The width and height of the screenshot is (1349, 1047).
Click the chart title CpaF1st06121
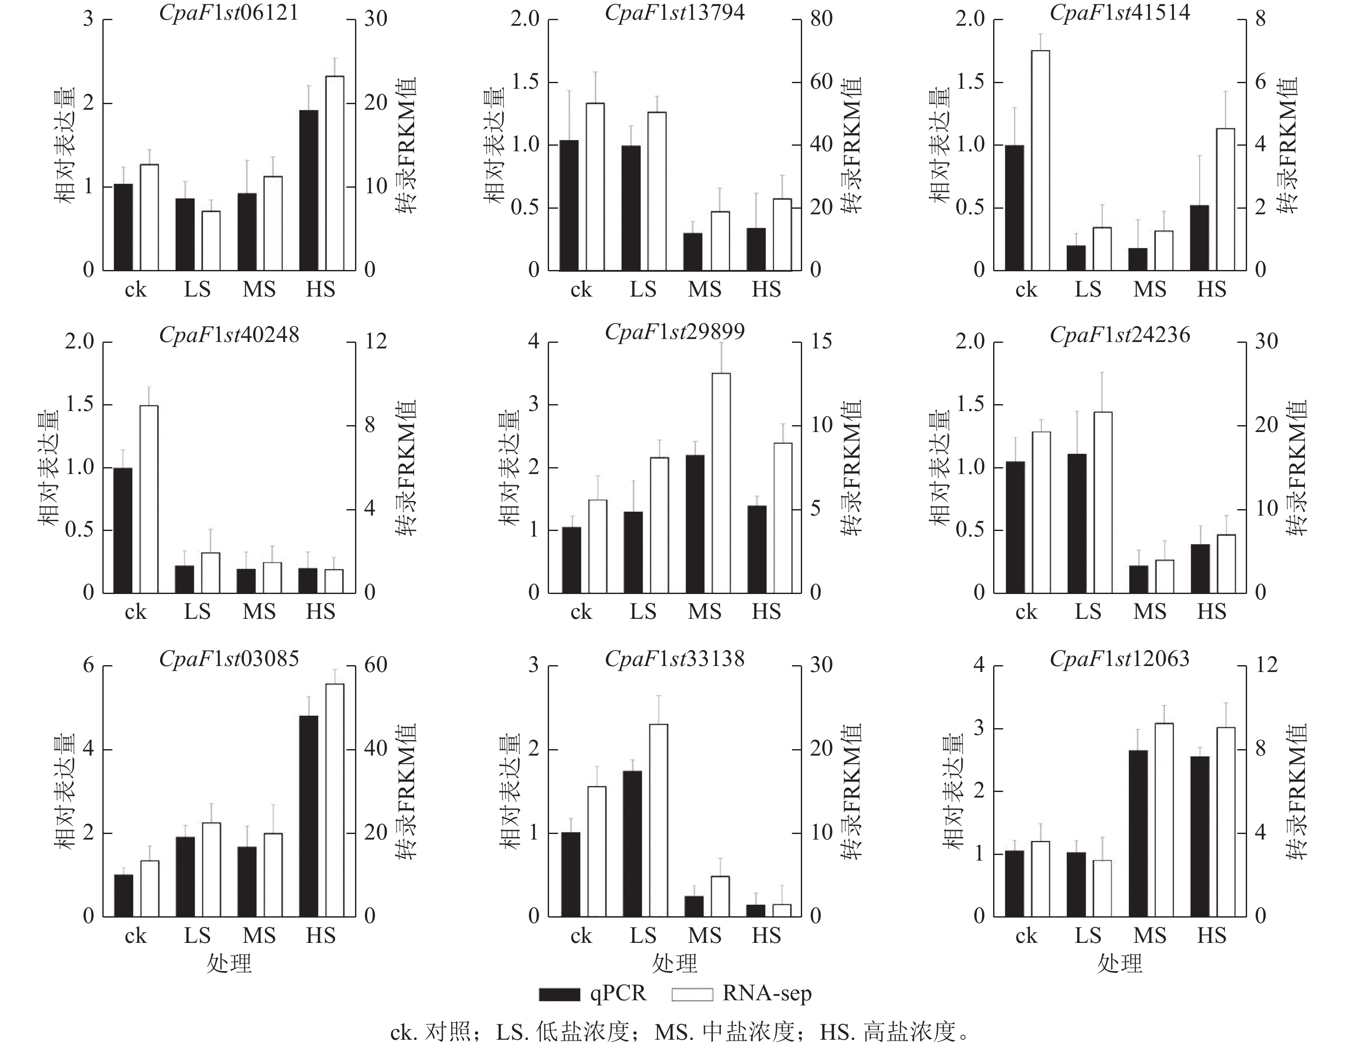point(229,12)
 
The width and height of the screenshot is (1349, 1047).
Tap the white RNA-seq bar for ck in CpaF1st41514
point(1040,160)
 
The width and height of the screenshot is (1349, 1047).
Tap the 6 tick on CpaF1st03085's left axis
point(89,666)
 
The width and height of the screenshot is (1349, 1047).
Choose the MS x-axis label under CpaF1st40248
point(259,612)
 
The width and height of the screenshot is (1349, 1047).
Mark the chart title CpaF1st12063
point(1119,659)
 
